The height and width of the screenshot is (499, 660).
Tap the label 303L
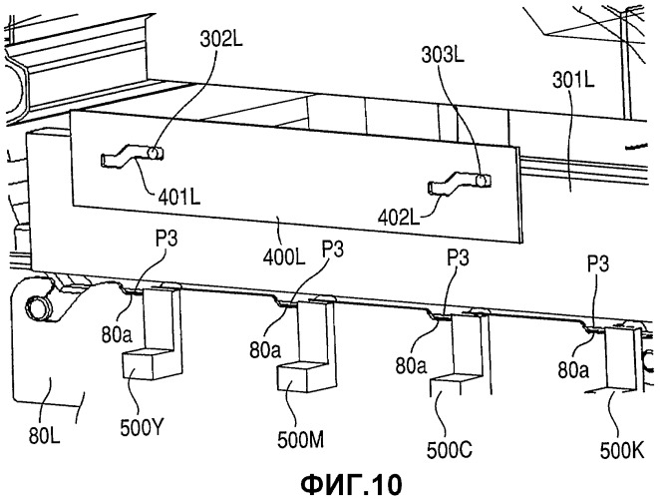pos(443,55)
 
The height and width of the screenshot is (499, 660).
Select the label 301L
pos(573,79)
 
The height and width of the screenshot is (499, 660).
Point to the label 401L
pos(179,197)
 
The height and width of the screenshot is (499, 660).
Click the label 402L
pos(399,218)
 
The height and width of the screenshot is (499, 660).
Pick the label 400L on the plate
pos(284,257)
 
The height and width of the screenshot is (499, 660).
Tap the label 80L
pos(44,435)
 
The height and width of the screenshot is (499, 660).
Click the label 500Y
pos(141,428)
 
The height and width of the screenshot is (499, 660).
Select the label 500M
pos(300,440)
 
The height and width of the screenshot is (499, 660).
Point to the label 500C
pos(449,450)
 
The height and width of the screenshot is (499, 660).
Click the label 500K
pos(622,452)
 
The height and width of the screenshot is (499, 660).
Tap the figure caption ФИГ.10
pos(352,485)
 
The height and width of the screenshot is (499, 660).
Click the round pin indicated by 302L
pos(155,153)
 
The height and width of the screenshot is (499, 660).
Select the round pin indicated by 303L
pos(482,181)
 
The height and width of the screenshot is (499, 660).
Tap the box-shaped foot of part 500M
pos(301,377)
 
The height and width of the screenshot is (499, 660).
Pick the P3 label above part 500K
pos(598,264)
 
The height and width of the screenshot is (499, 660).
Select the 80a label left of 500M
pos(265,350)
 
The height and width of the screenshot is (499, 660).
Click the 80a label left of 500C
pos(411,366)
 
